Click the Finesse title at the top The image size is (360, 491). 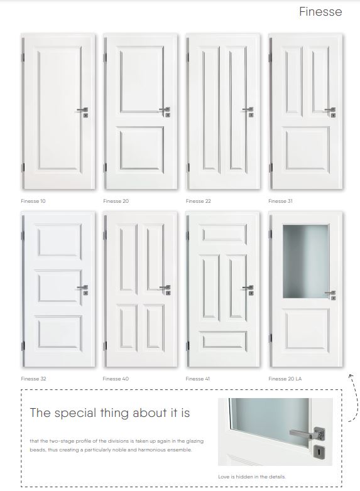point(320,11)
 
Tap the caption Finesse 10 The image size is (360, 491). point(33,201)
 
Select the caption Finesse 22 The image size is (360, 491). point(199,201)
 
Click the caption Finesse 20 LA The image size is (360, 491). point(285,379)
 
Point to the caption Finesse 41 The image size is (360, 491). point(198,379)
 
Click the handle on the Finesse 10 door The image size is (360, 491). point(82,110)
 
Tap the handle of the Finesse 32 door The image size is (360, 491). point(82,288)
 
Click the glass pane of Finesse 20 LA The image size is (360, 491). point(306,261)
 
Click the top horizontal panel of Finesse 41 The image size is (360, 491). point(224,233)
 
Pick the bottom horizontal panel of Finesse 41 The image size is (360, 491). point(224,340)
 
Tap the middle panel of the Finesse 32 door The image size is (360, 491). point(60,288)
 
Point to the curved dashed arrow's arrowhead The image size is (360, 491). point(351,375)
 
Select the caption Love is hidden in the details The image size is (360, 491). point(252,477)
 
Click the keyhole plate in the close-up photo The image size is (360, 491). point(319,452)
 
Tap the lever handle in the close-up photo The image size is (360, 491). point(306,434)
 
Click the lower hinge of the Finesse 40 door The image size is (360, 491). point(105,346)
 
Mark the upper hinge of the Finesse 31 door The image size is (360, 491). point(270,58)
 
